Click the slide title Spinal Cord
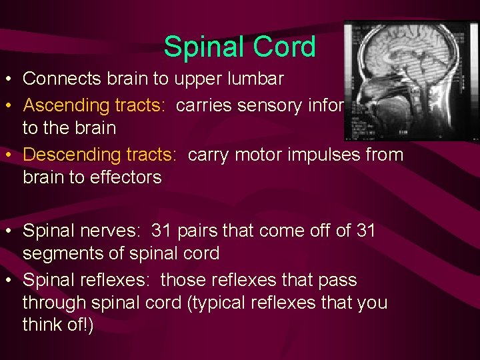[x=239, y=47]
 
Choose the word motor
[x=251, y=155]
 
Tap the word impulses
[x=319, y=155]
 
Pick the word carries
[x=213, y=105]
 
